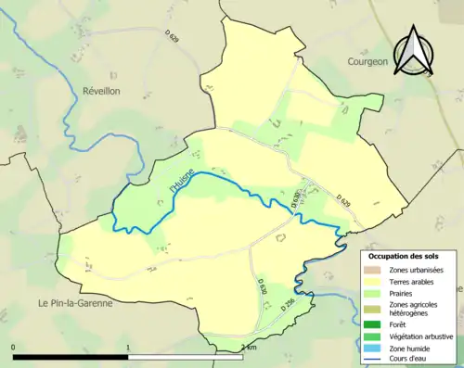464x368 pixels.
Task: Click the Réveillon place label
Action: click(x=102, y=91)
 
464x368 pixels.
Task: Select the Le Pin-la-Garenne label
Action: click(x=74, y=303)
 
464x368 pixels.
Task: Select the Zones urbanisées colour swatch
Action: click(x=376, y=269)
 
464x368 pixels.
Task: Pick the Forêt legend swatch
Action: click(x=376, y=324)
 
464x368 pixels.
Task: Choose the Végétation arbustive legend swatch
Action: click(x=376, y=336)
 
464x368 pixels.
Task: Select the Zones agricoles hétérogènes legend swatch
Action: click(x=376, y=308)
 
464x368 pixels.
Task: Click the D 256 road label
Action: click(x=286, y=304)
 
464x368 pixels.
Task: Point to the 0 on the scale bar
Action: click(x=14, y=348)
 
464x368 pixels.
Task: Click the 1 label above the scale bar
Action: click(x=128, y=348)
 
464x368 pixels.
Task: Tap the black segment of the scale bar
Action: click(x=71, y=357)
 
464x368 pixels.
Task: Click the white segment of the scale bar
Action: click(x=186, y=357)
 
